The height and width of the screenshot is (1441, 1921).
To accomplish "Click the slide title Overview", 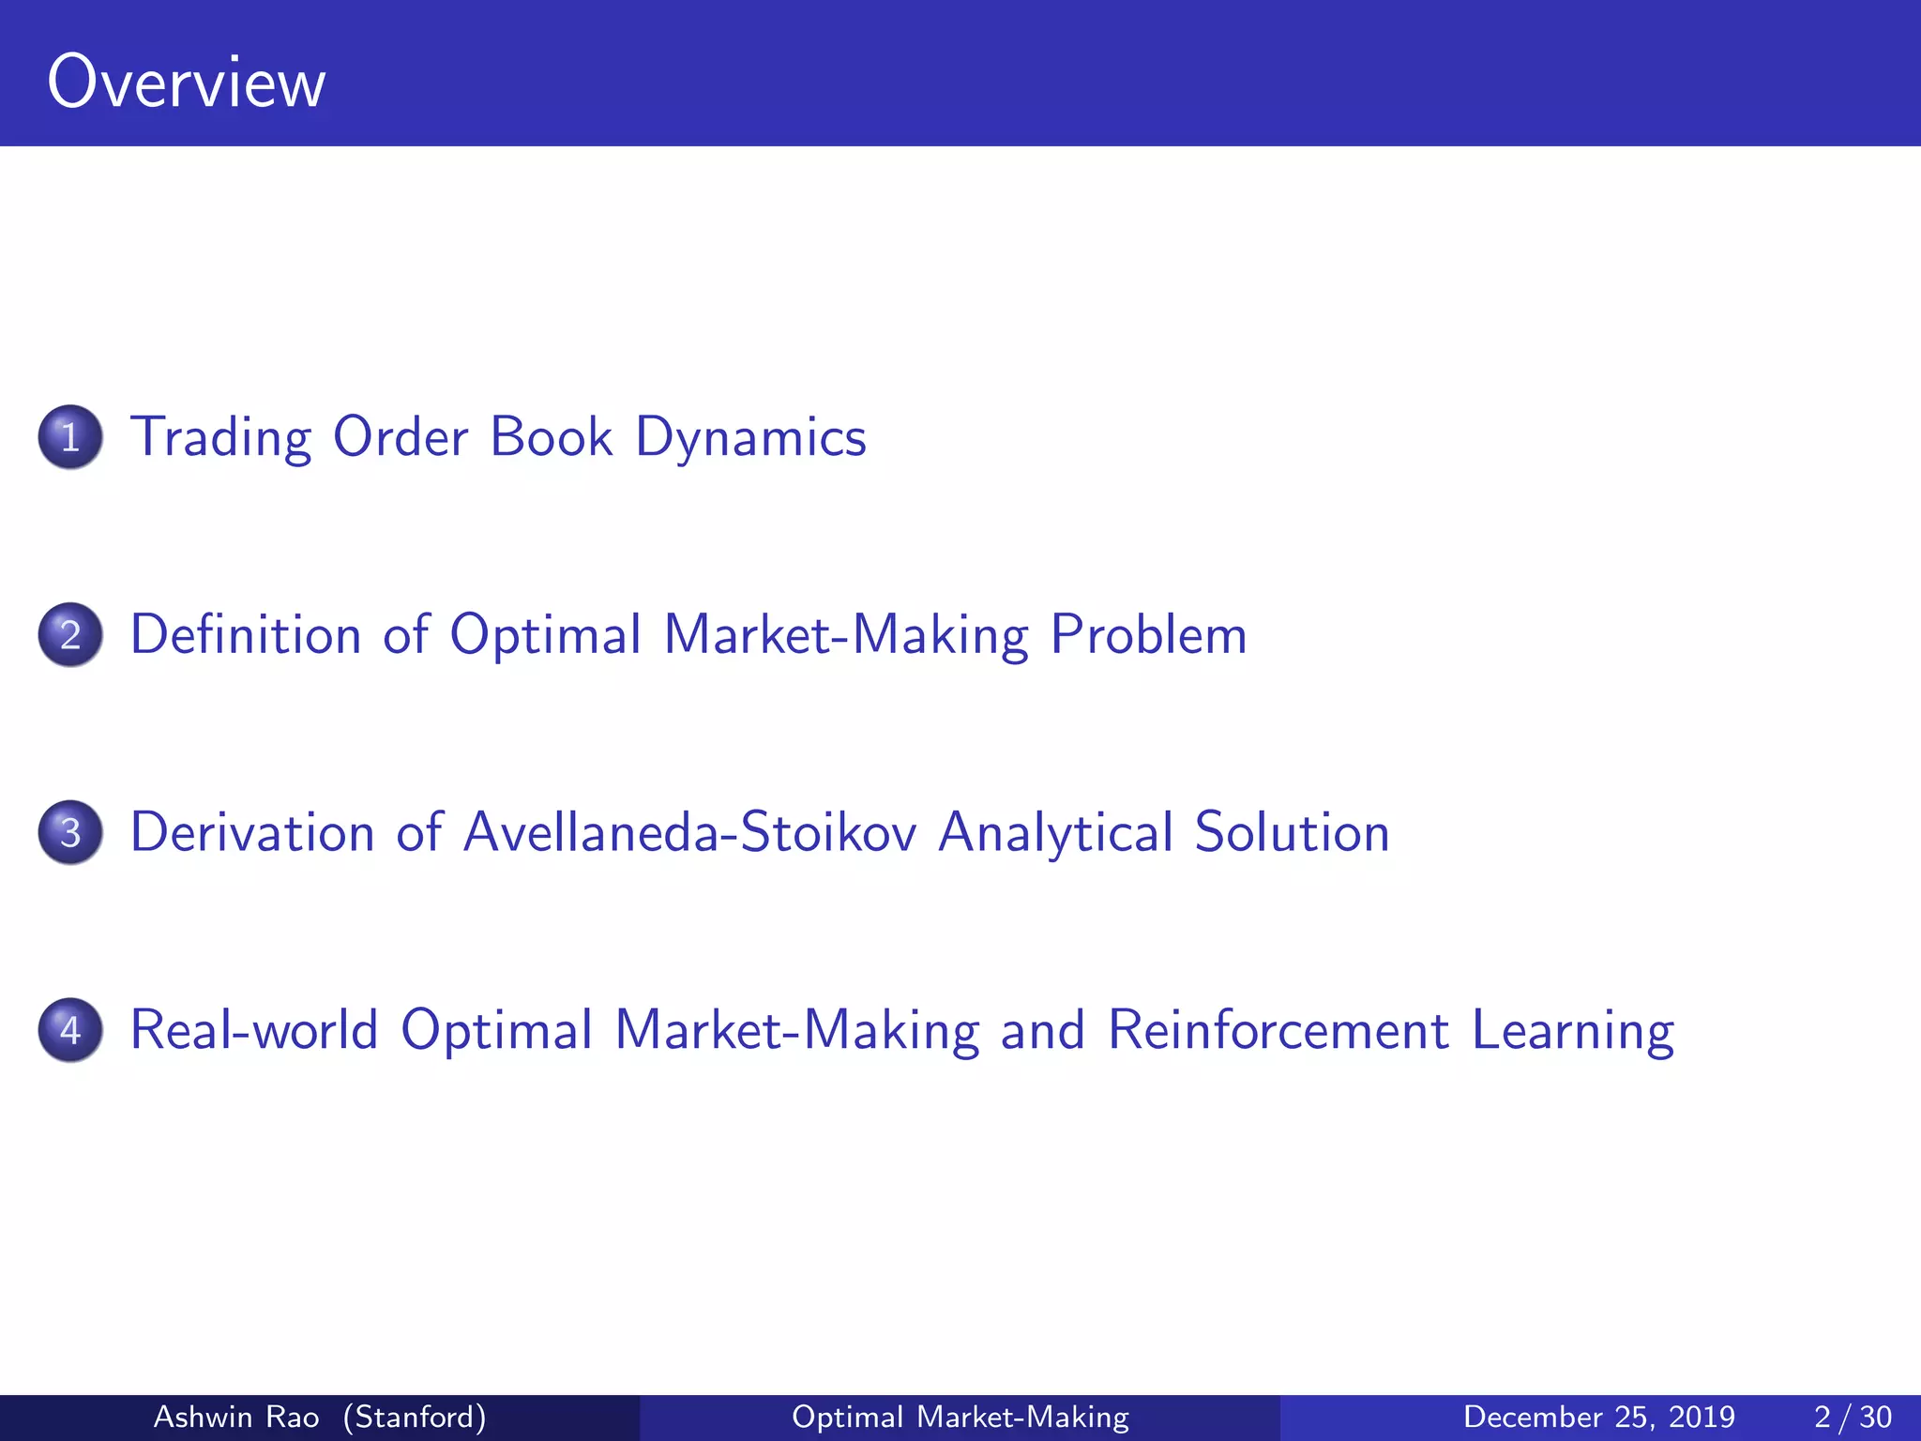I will coord(186,83).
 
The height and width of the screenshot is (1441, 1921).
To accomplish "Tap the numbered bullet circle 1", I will coord(70,437).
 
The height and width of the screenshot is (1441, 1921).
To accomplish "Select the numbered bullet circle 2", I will coord(70,635).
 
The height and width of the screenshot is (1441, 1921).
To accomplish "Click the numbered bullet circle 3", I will coord(70,833).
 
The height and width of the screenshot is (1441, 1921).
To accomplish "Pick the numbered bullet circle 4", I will coord(70,1030).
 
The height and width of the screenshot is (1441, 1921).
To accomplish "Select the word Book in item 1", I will coord(551,437).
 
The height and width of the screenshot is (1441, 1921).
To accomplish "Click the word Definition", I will coord(245,635).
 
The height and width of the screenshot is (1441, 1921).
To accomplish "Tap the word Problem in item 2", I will coord(1148,635).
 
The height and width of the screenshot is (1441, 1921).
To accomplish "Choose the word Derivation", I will coord(251,833).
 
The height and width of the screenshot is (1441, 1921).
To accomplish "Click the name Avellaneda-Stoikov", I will coord(689,833).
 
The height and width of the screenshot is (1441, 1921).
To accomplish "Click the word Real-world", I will coord(253,1030).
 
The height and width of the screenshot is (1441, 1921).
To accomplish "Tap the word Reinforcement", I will coord(1278,1030).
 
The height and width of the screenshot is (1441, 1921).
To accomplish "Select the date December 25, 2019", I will coord(1598,1417).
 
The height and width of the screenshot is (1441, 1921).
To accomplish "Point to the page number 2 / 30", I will coord(1853,1417).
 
